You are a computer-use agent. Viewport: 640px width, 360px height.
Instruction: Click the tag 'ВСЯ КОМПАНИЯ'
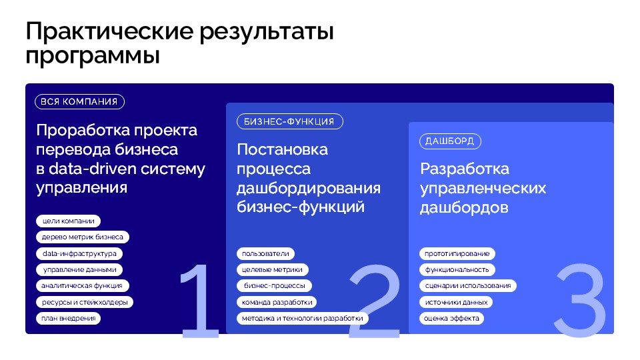click(79, 101)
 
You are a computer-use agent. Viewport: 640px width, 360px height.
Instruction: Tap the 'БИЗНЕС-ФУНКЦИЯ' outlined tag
click(290, 121)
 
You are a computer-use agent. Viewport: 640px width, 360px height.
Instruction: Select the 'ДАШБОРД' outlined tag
click(450, 141)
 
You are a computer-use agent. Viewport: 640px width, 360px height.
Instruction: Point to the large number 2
click(375, 301)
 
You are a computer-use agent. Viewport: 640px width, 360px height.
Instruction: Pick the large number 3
click(580, 301)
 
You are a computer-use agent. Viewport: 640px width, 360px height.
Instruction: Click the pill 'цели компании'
click(68, 221)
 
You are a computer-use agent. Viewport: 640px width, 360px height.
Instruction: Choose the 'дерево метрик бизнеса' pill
click(83, 237)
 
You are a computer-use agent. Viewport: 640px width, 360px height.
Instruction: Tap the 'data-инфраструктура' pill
click(79, 253)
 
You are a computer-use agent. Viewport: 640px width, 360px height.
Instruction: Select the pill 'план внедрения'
click(68, 319)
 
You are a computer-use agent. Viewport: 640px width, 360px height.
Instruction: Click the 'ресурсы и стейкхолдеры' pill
click(85, 302)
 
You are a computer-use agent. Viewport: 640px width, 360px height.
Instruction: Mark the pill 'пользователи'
click(265, 253)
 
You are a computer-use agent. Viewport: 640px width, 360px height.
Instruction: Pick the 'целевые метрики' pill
click(272, 269)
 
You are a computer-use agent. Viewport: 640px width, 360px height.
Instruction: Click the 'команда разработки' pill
click(277, 302)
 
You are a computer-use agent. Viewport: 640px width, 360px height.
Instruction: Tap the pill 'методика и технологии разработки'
click(303, 319)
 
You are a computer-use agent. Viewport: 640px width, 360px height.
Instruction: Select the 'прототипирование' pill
click(457, 253)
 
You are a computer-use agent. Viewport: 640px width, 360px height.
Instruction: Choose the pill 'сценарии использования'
click(468, 286)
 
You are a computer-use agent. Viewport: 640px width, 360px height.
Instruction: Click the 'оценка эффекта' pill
click(451, 319)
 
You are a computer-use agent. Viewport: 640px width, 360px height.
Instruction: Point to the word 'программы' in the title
click(93, 56)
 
